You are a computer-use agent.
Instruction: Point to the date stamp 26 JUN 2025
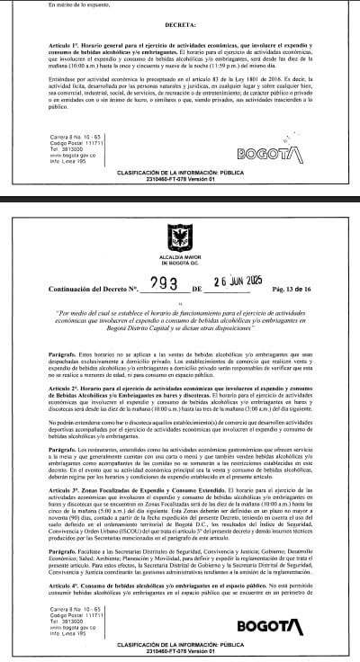pyautogui.click(x=235, y=282)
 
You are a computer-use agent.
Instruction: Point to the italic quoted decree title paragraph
pyautogui.click(x=179, y=318)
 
